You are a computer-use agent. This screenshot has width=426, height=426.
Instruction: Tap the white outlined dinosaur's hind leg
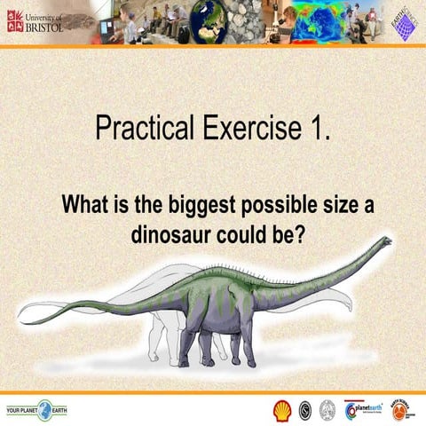click(161, 342)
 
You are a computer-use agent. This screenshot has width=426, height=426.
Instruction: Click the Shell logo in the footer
click(281, 409)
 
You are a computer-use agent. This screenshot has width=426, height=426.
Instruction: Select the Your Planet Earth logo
click(35, 409)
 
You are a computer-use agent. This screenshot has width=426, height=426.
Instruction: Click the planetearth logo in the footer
click(363, 409)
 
